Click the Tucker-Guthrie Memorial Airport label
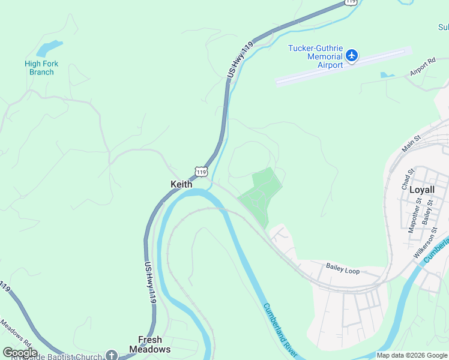tap(316, 56)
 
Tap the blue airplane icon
tap(352, 56)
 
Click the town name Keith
tap(181, 184)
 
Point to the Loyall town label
tap(421, 190)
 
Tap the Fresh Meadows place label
tap(150, 344)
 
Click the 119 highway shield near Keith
tap(200, 172)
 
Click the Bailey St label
tap(427, 213)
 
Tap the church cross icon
tap(112, 355)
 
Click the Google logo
tap(20, 353)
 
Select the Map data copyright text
tap(411, 355)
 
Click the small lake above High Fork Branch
tap(49, 48)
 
